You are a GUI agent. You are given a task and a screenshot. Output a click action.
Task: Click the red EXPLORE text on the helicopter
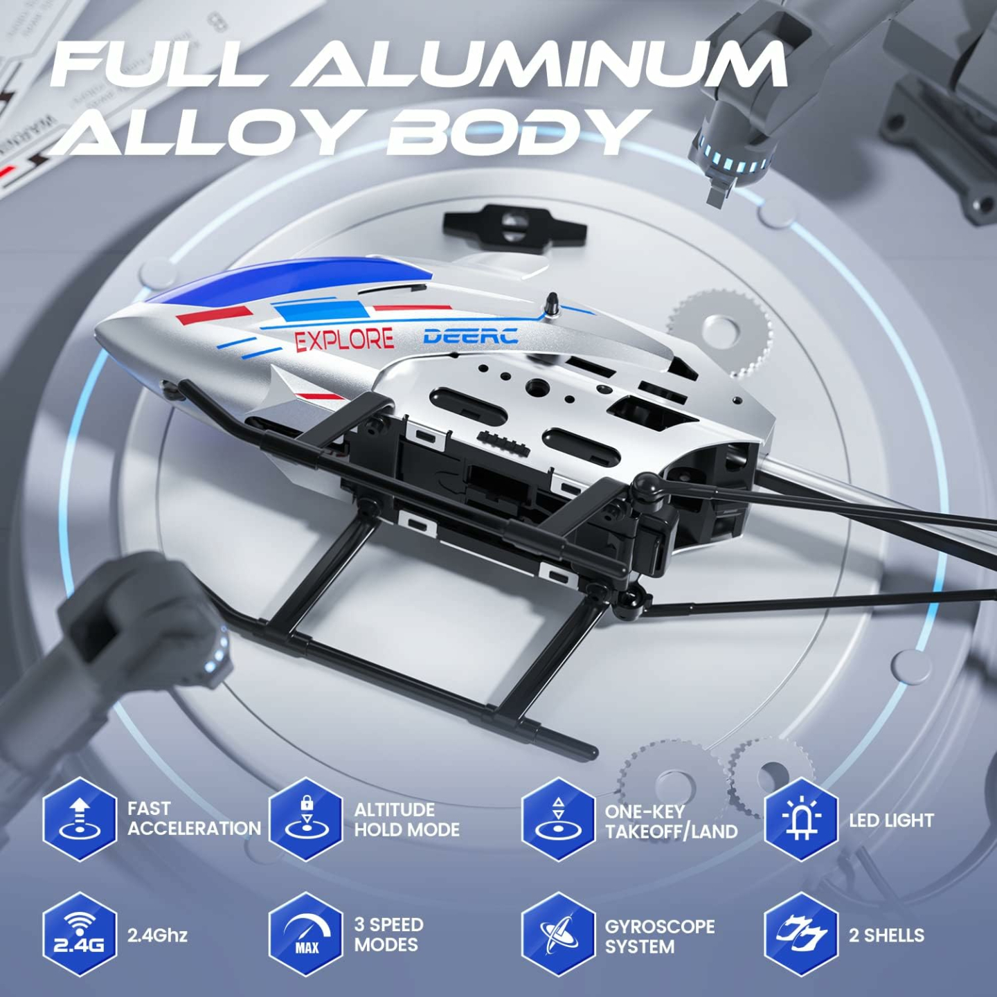344,339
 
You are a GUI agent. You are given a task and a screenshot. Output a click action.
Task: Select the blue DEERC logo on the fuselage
470,336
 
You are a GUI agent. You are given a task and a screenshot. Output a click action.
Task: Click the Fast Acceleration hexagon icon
80,819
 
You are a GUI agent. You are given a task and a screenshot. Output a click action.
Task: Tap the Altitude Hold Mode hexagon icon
306,819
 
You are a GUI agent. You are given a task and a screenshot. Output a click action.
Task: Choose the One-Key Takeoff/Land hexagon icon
558,819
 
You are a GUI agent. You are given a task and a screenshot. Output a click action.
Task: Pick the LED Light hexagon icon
801,819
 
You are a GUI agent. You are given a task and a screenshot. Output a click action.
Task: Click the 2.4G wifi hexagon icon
80,934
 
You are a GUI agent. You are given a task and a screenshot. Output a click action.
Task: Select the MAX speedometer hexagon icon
306,934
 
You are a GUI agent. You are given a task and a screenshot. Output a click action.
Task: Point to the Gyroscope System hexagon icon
558,934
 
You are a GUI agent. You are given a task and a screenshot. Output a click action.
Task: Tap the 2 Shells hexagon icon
801,934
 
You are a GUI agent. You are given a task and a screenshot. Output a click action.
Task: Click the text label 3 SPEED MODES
388,934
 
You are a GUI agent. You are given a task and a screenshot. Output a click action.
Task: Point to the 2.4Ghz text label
157,935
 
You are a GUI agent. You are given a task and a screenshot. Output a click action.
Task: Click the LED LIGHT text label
891,820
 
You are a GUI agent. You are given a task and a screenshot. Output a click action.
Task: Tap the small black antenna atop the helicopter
553,303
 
